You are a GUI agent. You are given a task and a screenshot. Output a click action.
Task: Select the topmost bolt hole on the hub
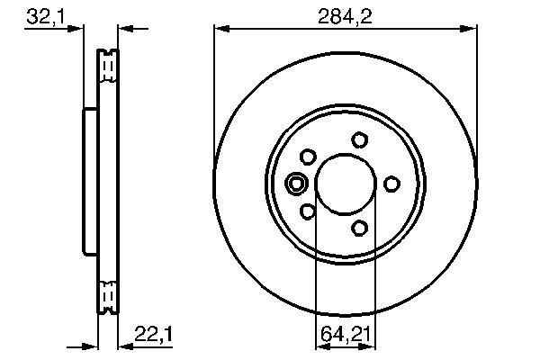(360, 139)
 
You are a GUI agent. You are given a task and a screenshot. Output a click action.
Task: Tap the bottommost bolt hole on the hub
(360, 228)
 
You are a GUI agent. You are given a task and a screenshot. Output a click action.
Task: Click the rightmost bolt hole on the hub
(391, 184)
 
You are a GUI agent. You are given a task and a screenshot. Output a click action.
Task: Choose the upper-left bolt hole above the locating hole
(308, 157)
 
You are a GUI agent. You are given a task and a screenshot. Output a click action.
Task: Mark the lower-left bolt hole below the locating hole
(308, 211)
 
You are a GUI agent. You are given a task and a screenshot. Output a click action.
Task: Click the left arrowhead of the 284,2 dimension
(220, 29)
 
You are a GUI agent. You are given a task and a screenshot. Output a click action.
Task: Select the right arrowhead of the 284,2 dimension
(471, 29)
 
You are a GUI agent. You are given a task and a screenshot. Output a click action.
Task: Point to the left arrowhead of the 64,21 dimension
(319, 345)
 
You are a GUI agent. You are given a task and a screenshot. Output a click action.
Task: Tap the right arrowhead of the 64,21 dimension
(372, 345)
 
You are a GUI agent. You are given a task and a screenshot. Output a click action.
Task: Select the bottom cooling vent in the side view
(107, 294)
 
